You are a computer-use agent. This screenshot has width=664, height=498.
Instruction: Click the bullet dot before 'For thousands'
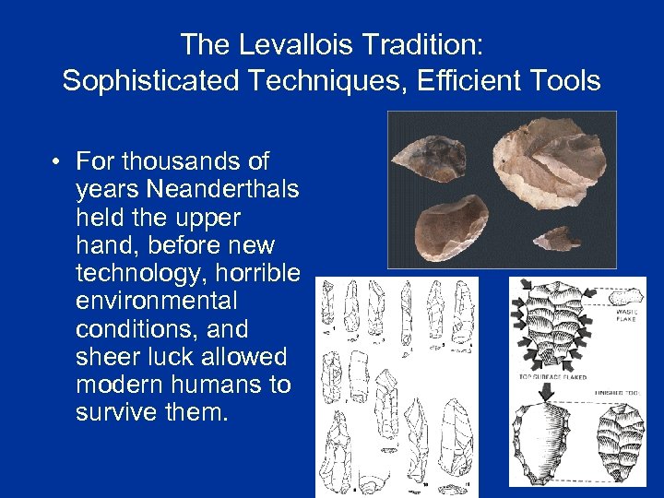pos(57,162)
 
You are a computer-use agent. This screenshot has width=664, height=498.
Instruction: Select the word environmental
pos(157,301)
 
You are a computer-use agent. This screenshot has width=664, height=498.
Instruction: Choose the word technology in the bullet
pos(142,273)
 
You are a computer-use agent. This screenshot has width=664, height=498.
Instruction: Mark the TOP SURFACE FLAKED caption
pos(552,377)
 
